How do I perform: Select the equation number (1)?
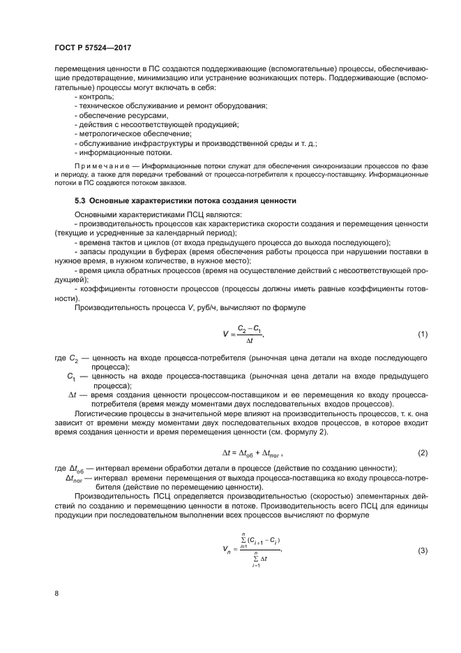[x=423, y=334]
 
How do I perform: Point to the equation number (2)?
[x=423, y=453]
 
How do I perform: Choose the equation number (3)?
[x=423, y=552]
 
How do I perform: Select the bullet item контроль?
[x=95, y=96]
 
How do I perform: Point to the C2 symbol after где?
[x=76, y=358]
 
